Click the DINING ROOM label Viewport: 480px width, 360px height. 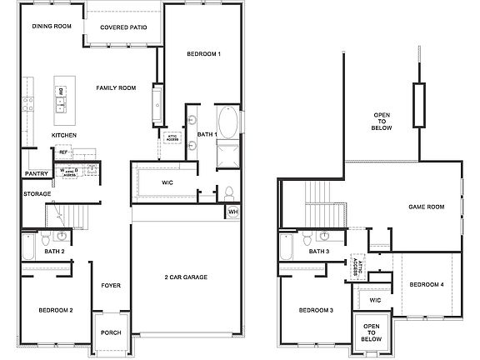click(x=52, y=27)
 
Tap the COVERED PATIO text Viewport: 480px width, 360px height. click(x=125, y=27)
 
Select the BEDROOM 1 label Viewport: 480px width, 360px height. click(x=202, y=54)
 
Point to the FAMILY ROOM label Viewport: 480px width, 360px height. click(x=116, y=87)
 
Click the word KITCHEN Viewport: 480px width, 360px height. click(x=65, y=135)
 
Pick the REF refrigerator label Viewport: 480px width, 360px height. click(x=62, y=152)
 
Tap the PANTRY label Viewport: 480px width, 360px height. click(x=36, y=174)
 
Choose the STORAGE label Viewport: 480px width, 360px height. click(x=37, y=193)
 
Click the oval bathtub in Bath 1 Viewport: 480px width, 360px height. click(x=227, y=123)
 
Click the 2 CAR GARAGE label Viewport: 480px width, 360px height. click(x=187, y=277)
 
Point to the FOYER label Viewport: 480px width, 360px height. click(x=111, y=286)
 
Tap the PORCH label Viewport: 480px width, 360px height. click(x=111, y=332)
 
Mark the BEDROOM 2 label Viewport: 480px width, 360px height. click(x=56, y=310)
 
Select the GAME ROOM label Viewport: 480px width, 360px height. click(x=426, y=207)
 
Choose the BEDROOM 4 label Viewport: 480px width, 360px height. click(x=427, y=284)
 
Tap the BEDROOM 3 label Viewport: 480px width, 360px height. click(x=316, y=310)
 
